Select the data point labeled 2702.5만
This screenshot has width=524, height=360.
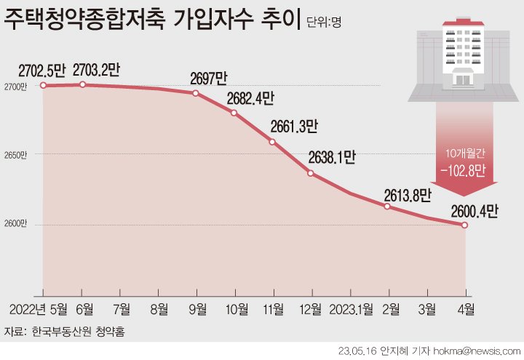point(43,85)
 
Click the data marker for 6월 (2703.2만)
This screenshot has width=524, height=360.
point(82,84)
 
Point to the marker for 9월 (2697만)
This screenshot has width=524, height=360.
point(196,93)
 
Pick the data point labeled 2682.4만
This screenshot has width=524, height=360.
point(234,113)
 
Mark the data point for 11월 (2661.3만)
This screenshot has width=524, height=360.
point(272,141)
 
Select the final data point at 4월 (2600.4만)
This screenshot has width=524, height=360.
point(464,225)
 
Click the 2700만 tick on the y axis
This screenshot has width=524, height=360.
point(15,87)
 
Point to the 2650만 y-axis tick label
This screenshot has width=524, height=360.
point(15,155)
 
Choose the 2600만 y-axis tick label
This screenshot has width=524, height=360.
point(15,223)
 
